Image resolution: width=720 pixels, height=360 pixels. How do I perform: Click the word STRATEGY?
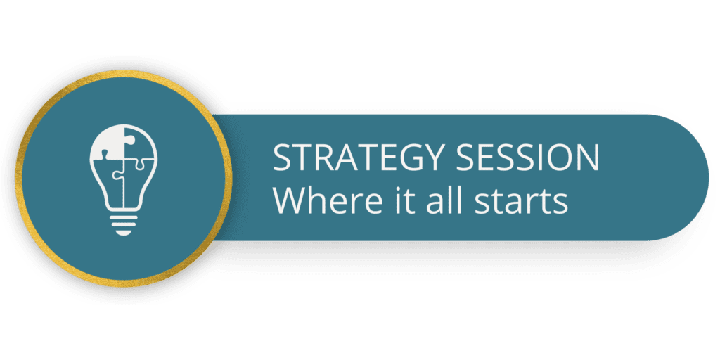(x=356, y=157)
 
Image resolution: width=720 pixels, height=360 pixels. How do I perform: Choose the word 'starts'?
(x=521, y=202)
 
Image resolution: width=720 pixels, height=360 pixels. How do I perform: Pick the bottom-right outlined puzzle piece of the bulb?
(x=138, y=184)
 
